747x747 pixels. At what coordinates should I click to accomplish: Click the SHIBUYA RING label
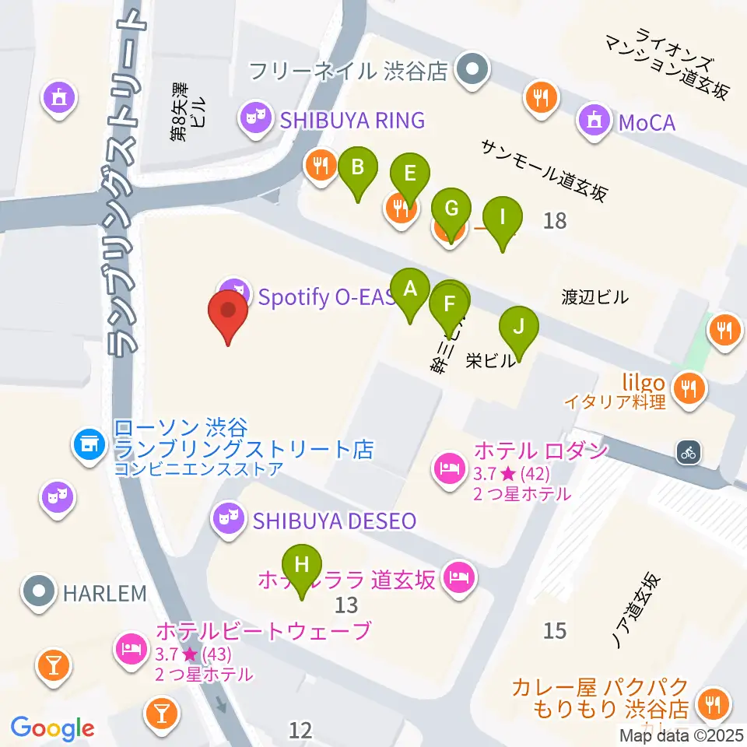(x=352, y=120)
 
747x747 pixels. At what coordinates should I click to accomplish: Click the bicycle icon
(x=688, y=451)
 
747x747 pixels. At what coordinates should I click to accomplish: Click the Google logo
(x=52, y=728)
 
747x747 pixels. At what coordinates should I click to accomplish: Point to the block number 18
(x=555, y=222)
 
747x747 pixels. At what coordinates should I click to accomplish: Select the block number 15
(x=555, y=630)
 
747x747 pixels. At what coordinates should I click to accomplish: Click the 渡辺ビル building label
(x=594, y=296)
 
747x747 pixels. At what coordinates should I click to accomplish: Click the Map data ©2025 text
(x=682, y=735)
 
